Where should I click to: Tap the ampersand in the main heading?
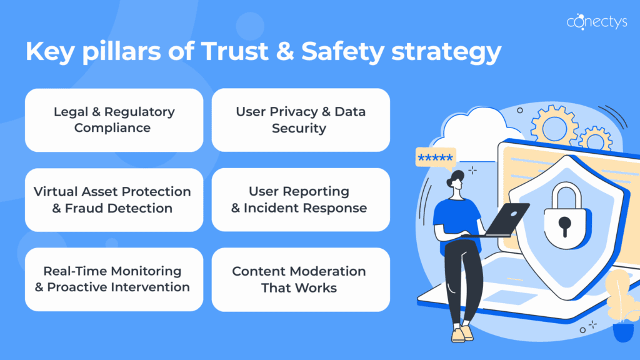[285, 51]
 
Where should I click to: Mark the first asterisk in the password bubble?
[422, 157]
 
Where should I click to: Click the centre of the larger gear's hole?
[554, 128]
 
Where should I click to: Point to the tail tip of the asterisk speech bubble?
[450, 171]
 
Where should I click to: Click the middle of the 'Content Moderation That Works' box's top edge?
[301, 247]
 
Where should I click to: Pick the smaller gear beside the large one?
[596, 140]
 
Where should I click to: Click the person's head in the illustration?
[456, 180]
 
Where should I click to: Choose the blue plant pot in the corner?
[623, 331]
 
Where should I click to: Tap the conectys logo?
[597, 21]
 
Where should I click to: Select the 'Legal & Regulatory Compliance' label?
[114, 119]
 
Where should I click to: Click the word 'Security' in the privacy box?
[299, 128]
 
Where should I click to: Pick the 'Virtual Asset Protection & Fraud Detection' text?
[112, 199]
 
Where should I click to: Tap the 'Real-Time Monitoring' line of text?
[112, 271]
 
